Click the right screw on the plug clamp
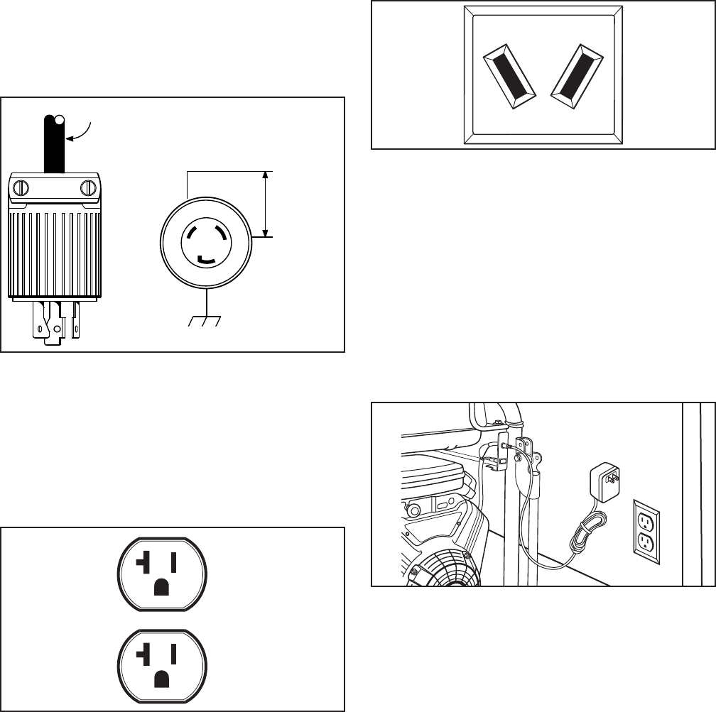tap(88, 188)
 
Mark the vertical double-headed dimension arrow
tap(266, 203)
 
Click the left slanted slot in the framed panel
tap(509, 78)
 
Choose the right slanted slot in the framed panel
tap(577, 78)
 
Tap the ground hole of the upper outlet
tap(162, 586)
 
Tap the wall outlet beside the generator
tap(646, 530)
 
